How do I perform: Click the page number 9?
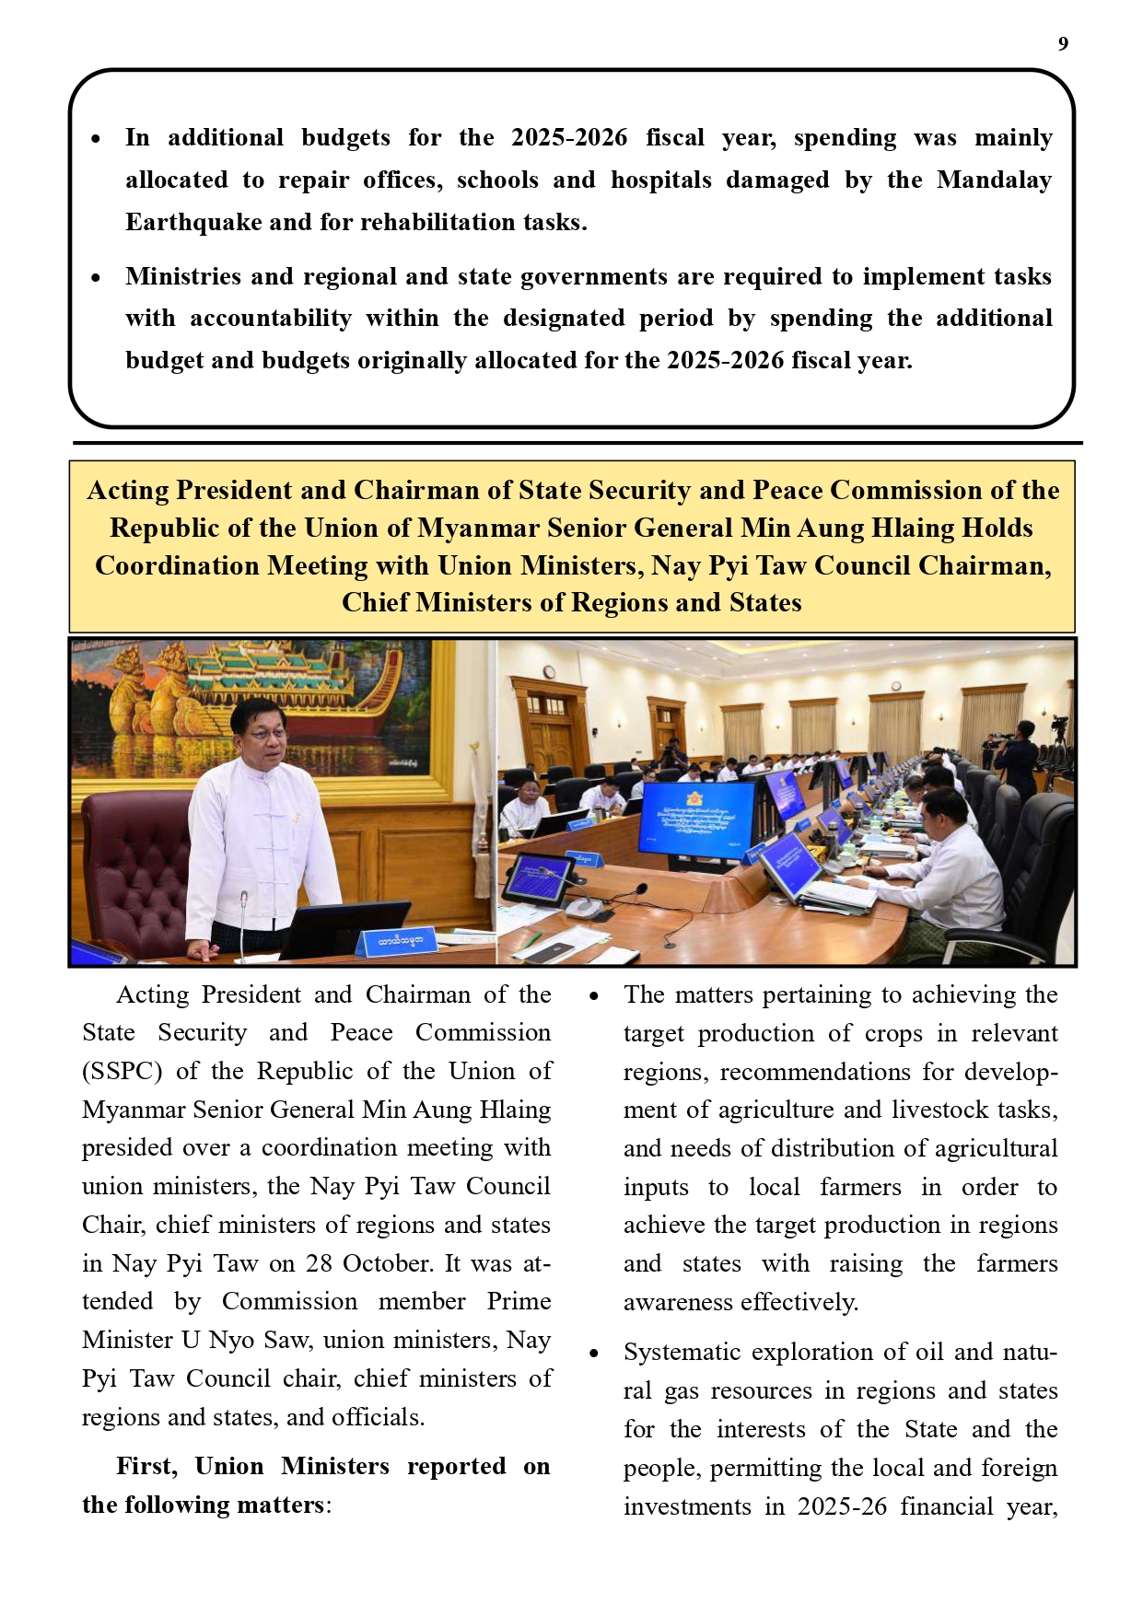pos(1063,44)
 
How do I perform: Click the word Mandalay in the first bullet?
pos(994,180)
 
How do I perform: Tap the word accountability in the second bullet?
pos(271,319)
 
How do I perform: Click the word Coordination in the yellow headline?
pos(177,565)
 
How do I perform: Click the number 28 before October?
pos(320,1263)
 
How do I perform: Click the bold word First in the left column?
pos(146,1466)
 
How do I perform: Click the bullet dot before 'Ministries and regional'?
pos(96,277)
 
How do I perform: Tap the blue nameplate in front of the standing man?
pos(400,940)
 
